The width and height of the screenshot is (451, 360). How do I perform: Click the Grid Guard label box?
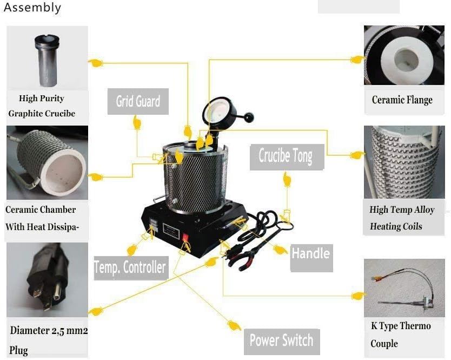click(138, 101)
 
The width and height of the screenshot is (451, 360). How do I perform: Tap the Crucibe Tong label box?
click(286, 156)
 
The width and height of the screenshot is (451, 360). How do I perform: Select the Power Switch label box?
click(281, 341)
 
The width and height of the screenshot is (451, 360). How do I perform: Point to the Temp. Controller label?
click(130, 267)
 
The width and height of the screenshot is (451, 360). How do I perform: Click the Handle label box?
click(310, 253)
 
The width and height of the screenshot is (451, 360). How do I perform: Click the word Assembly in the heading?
click(32, 8)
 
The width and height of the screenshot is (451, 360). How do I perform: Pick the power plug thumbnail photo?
click(47, 279)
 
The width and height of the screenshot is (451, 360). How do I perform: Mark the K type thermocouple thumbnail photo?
click(404, 287)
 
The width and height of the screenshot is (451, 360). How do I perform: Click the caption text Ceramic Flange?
click(402, 100)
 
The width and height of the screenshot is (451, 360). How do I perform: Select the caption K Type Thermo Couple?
click(400, 335)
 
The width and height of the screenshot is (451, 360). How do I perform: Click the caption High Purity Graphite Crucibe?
click(42, 106)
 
